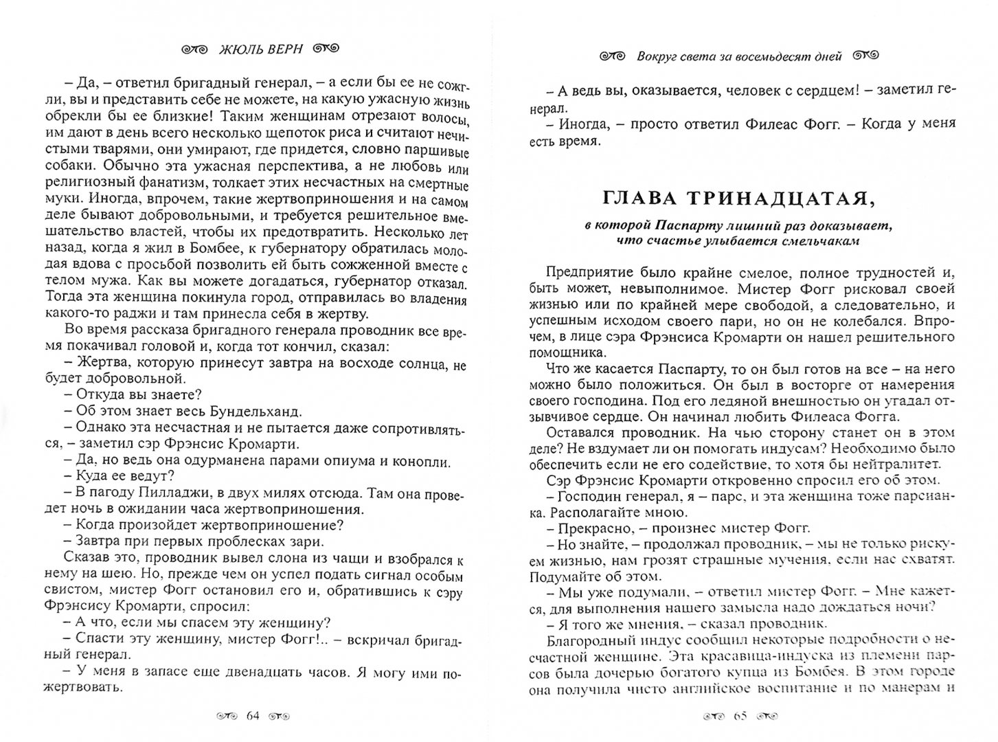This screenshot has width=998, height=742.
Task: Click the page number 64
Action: [252, 717]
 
